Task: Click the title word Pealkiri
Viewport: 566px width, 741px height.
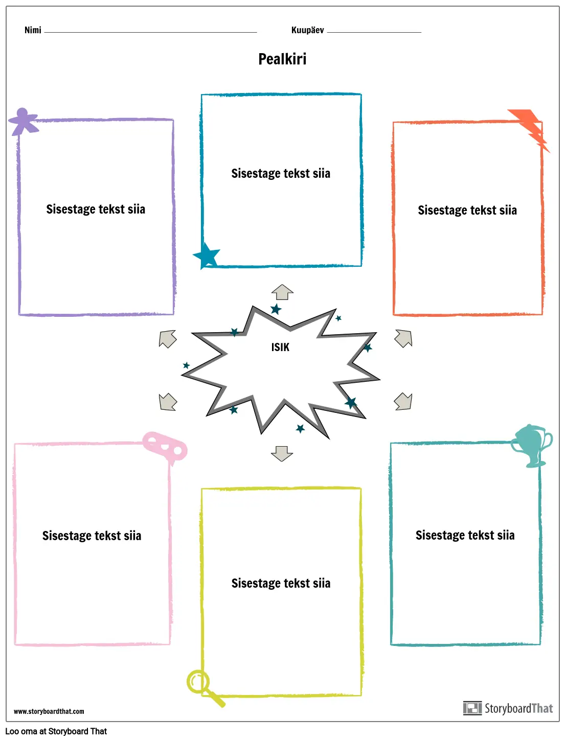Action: click(x=282, y=59)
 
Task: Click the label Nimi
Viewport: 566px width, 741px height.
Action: click(x=33, y=30)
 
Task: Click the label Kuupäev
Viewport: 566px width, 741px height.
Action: click(x=307, y=30)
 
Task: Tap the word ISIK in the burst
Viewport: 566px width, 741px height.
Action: click(x=280, y=348)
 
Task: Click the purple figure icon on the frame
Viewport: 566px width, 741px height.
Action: click(x=23, y=121)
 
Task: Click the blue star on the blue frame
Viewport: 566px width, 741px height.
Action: click(x=207, y=255)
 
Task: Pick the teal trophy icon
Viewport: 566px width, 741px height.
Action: click(x=532, y=445)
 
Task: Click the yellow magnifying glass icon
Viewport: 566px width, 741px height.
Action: click(x=202, y=686)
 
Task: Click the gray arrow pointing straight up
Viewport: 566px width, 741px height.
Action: click(x=282, y=292)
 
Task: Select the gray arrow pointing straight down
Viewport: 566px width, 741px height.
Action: click(x=282, y=453)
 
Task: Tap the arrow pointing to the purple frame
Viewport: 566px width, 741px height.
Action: click(x=168, y=339)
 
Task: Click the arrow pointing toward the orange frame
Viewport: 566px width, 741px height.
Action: click(x=403, y=338)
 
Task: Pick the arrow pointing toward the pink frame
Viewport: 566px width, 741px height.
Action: click(x=168, y=402)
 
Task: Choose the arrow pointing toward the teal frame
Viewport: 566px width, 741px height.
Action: click(x=403, y=401)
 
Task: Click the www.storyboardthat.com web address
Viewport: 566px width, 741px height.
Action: click(x=49, y=711)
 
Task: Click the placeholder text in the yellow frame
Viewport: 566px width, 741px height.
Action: click(x=281, y=584)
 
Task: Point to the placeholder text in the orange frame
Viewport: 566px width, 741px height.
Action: click(x=467, y=211)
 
